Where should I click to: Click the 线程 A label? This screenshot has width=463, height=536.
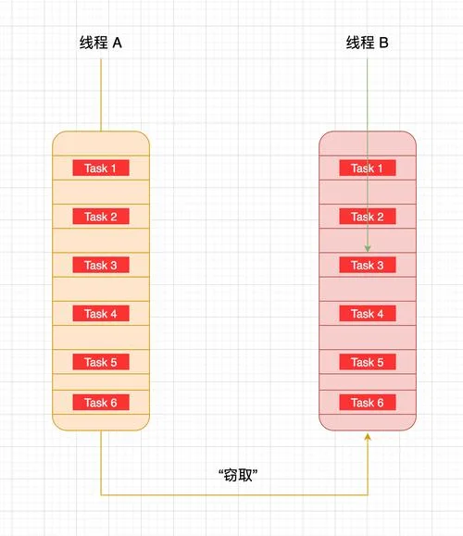101,43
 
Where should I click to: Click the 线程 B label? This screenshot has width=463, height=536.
367,43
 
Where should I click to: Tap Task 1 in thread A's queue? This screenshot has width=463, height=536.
101,168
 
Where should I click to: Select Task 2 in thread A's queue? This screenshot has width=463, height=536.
101,217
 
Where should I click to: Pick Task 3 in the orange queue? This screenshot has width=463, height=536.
101,265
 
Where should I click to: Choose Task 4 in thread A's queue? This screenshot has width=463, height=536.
101,314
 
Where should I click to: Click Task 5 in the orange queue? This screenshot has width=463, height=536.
101,362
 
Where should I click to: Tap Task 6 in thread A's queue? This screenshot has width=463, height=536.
101,403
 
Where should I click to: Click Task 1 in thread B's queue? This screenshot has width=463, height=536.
368,168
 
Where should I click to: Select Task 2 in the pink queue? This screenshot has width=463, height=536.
368,217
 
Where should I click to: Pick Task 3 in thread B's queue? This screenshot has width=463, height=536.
368,265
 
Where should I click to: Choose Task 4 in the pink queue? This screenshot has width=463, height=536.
368,314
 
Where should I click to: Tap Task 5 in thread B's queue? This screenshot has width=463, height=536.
368,362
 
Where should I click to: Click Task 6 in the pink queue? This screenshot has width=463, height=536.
368,403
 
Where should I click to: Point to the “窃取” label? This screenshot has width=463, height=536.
238,475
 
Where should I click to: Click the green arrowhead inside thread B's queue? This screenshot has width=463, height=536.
368,248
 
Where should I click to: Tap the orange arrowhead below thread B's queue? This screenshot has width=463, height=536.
368,437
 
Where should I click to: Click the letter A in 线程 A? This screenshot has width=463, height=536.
117,43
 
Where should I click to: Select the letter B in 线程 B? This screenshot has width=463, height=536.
383,43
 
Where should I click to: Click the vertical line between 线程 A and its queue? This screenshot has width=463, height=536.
101,94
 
